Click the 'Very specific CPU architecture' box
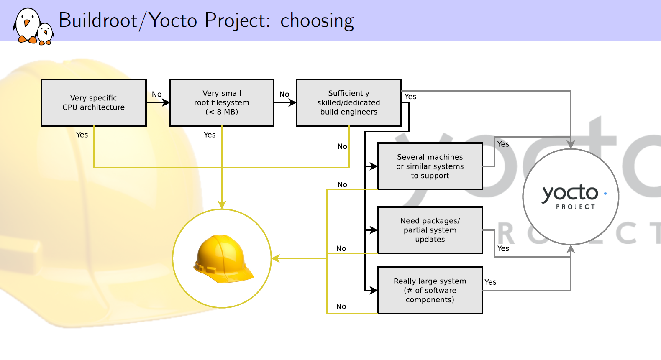tap(94, 102)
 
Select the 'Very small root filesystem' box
tap(222, 102)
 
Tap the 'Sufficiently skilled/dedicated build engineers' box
tap(349, 102)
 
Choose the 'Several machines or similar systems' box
tap(430, 166)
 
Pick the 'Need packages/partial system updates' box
tap(430, 230)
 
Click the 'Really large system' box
tap(430, 291)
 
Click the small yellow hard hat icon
tap(223, 259)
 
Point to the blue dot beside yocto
tap(605, 194)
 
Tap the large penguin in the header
tap(26, 26)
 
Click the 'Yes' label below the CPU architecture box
tap(82, 135)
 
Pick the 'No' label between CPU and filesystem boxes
tap(157, 94)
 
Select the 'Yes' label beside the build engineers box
tap(410, 97)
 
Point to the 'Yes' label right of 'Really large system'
tap(490, 282)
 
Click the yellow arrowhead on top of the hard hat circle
tap(222, 204)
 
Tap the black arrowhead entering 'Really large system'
tap(374, 291)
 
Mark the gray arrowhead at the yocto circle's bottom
tap(571, 249)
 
